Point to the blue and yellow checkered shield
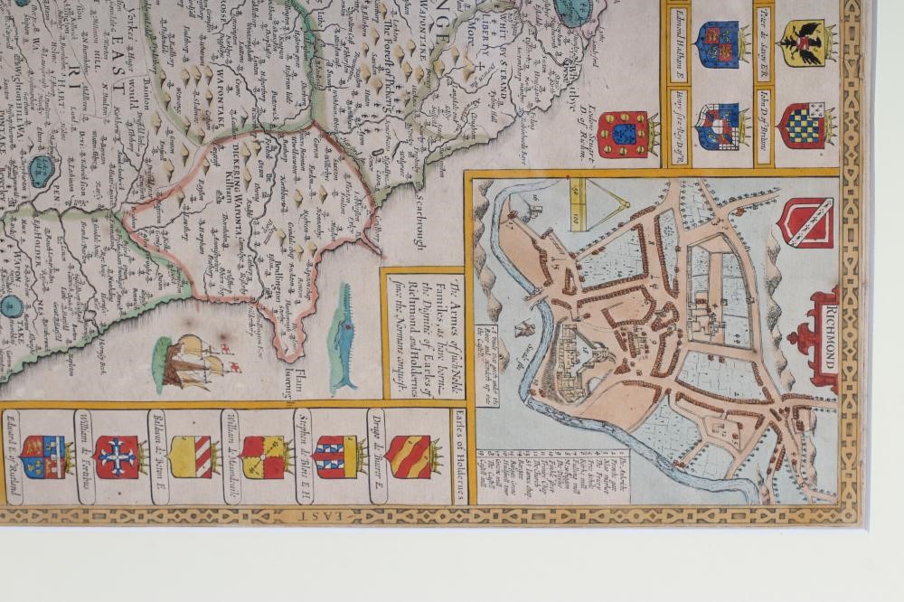806,125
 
